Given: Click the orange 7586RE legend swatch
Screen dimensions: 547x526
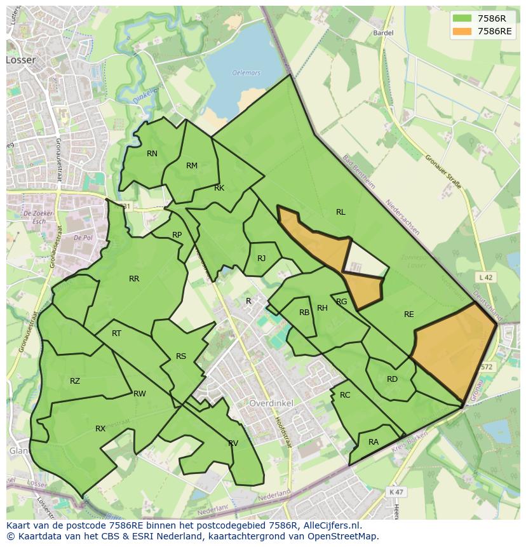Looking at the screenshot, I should pos(463,31).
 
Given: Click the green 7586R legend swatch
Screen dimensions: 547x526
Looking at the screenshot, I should pos(463,18).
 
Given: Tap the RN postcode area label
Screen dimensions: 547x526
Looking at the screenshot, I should pos(152,154).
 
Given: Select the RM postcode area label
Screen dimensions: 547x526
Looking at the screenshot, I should pos(192,166).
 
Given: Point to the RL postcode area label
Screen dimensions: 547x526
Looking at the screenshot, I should pos(341,212).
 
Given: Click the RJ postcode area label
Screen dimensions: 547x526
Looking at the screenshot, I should pos(262,259).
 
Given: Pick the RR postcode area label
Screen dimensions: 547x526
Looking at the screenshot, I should pos(134,279).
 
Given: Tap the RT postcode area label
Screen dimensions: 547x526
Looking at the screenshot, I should pos(116,334).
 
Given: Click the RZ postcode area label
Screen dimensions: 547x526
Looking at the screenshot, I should pos(75,381).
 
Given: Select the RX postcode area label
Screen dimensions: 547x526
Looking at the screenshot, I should pos(100,429).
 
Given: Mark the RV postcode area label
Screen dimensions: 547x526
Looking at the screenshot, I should pos(233,443).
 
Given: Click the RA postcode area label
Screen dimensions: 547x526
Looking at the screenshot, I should pos(374,442).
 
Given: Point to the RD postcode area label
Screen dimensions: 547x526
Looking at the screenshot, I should pos(392,379).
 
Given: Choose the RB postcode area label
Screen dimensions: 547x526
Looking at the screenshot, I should pos(304,313).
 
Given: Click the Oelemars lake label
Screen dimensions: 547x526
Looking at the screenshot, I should pos(246,73).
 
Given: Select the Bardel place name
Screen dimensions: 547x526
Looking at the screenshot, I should pos(384,32).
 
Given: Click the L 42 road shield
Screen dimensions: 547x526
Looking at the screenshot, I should pos(485,277).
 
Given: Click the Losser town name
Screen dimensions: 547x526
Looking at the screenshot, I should pos(21,60).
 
